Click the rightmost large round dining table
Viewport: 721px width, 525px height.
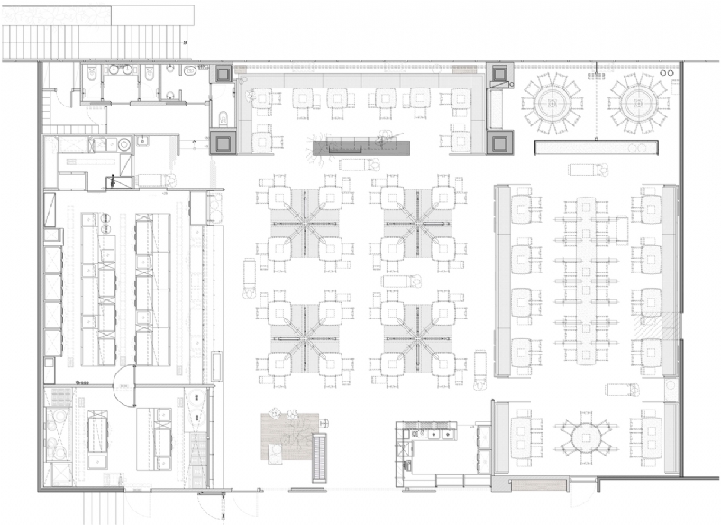point(637,103)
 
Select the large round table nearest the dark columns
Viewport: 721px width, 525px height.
point(553,103)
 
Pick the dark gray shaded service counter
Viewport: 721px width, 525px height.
point(360,147)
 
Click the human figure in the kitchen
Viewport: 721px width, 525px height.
point(113,180)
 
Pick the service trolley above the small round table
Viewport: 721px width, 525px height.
point(621,390)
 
